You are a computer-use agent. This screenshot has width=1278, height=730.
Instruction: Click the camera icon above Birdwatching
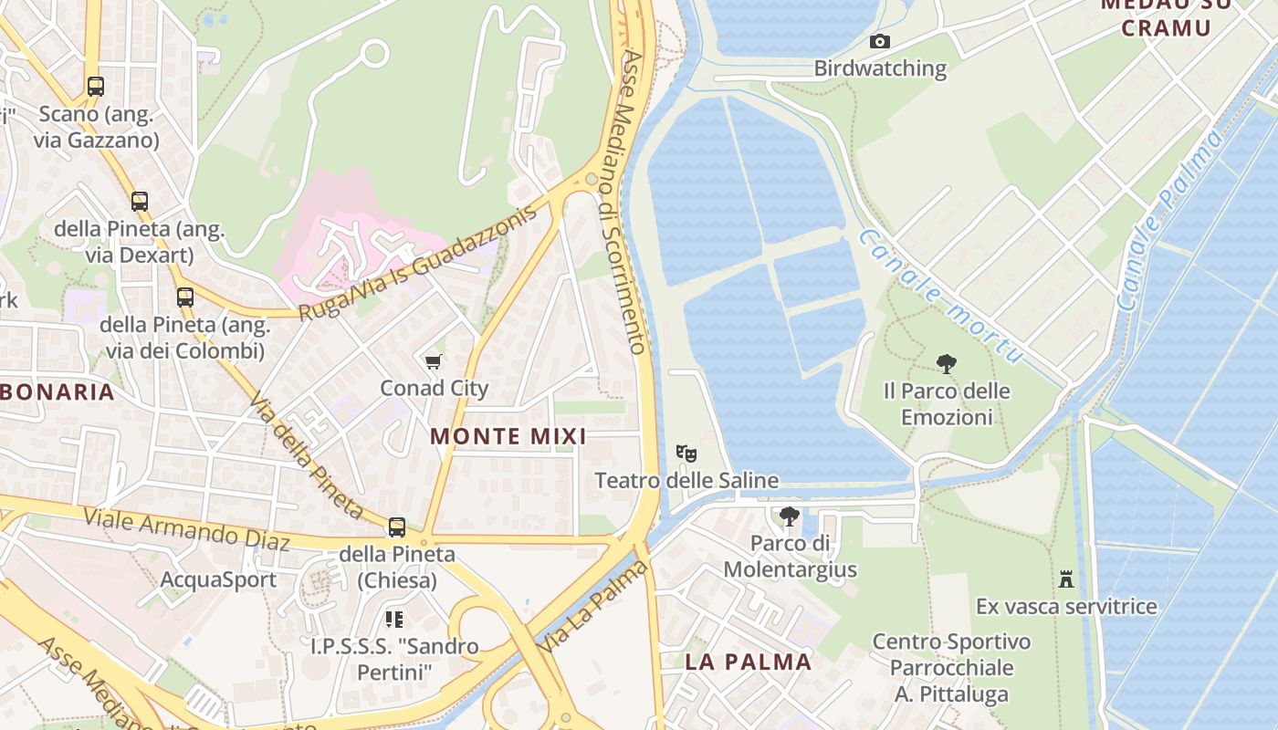[x=879, y=41]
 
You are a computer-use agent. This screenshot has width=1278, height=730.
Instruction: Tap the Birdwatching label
[x=879, y=68]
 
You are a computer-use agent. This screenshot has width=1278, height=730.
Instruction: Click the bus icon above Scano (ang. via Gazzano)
[x=96, y=87]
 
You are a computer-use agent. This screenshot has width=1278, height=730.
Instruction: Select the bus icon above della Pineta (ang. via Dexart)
[x=140, y=202]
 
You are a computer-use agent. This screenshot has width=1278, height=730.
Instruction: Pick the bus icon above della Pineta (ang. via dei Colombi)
[x=185, y=297]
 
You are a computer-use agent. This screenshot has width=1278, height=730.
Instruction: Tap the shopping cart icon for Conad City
[x=434, y=362]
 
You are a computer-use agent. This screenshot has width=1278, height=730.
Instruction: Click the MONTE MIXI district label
[x=508, y=436]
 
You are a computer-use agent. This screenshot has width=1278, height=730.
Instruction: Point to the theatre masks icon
[x=686, y=453]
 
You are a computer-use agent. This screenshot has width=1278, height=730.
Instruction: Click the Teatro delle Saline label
[x=686, y=480]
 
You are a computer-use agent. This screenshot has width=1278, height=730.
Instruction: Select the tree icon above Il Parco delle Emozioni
[x=947, y=364]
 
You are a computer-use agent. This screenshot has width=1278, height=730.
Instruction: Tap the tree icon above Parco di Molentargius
[x=790, y=516]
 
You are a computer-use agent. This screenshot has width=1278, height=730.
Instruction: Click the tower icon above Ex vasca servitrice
[x=1065, y=579]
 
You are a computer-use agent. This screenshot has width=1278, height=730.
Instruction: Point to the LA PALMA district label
[x=748, y=662]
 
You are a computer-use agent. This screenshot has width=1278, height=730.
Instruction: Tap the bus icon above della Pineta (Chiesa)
[x=396, y=527]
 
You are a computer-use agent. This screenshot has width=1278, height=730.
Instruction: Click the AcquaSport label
[x=218, y=579]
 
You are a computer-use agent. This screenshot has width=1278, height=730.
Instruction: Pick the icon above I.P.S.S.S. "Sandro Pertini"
[x=394, y=620]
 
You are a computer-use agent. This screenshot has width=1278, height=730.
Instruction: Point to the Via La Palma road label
[x=593, y=608]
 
